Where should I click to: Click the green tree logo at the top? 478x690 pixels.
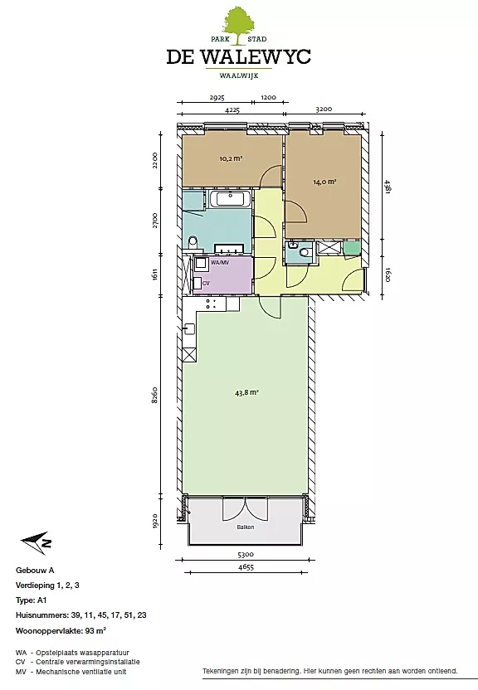click(238, 26)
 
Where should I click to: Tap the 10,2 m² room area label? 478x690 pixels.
click(231, 159)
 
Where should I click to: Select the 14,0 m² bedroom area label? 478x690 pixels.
click(324, 182)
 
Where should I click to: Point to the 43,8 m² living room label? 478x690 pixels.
click(246, 392)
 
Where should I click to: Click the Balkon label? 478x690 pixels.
click(245, 527)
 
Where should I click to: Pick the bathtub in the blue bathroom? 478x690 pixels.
click(231, 199)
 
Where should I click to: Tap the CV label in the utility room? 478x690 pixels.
click(206, 284)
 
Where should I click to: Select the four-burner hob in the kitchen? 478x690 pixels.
click(211, 304)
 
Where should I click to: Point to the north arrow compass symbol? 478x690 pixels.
click(36, 542)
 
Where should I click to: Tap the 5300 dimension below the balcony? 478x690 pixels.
click(245, 555)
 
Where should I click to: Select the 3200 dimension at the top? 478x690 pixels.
click(324, 109)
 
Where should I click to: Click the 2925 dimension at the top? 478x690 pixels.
click(217, 98)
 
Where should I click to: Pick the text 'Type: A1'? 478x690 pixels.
click(32, 600)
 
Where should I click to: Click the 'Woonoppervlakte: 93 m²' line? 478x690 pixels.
click(61, 630)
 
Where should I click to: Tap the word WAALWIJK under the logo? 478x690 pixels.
click(238, 75)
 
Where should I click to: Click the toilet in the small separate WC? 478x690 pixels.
click(303, 252)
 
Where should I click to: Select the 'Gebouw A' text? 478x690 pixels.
click(35, 571)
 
